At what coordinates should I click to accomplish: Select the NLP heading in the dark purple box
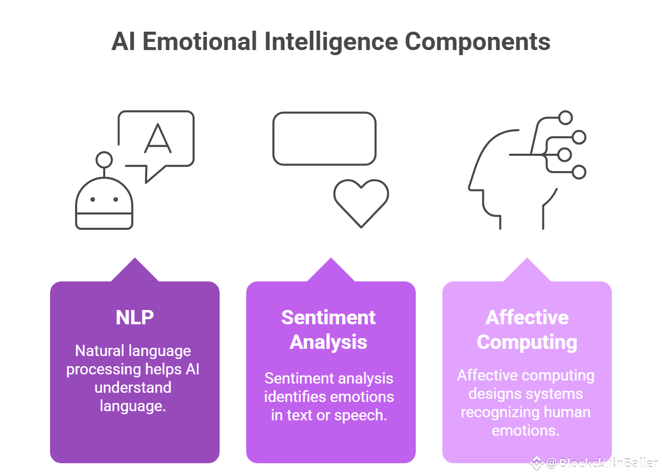[x=135, y=318]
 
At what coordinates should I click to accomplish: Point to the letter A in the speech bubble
[x=158, y=139]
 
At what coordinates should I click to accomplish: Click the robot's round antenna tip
[x=104, y=160]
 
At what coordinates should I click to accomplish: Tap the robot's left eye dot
[x=93, y=199]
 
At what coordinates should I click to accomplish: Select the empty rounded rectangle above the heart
[x=324, y=139]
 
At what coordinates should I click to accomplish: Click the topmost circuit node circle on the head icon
[x=565, y=118]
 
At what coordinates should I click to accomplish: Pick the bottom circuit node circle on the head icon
[x=579, y=172]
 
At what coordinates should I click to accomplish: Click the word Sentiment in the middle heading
[x=328, y=318]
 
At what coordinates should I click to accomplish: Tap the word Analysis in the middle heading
[x=328, y=342]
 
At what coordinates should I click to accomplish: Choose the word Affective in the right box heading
[x=527, y=318]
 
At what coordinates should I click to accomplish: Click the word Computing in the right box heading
[x=527, y=342]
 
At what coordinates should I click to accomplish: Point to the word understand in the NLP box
[x=133, y=388]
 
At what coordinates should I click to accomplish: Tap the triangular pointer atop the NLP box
[x=135, y=271]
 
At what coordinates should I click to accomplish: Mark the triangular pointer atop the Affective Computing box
[x=527, y=271]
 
